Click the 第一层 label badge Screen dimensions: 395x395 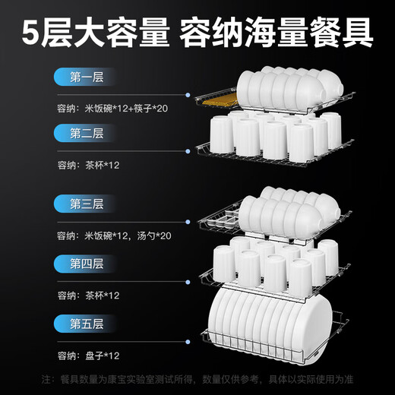86,77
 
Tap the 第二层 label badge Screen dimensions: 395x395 86,134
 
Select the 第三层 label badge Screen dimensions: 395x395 86,204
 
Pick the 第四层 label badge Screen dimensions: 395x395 86,264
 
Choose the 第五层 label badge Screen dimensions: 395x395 86,323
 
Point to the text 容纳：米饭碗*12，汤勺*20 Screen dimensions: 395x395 114,235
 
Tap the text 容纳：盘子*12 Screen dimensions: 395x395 88,355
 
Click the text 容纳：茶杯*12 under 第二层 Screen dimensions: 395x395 88,165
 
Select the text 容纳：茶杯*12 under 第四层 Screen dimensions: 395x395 88,295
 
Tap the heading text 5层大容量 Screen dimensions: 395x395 88,33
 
